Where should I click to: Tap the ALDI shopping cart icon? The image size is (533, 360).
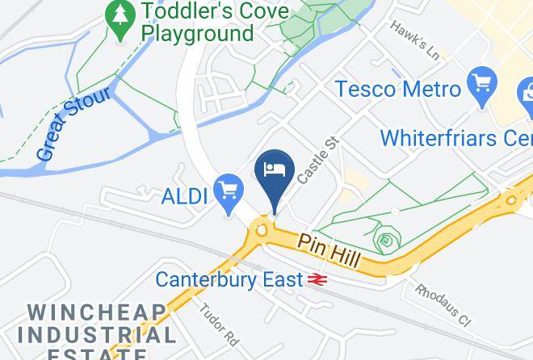coord(229,190)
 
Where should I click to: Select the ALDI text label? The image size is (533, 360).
coord(185,195)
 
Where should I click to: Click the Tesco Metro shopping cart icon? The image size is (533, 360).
coord(481,82)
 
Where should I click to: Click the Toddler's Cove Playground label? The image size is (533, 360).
coord(197,23)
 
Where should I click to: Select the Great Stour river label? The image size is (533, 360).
coord(73,123)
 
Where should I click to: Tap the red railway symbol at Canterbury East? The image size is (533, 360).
coord(317,279)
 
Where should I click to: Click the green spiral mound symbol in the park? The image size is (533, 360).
coord(387,240)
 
